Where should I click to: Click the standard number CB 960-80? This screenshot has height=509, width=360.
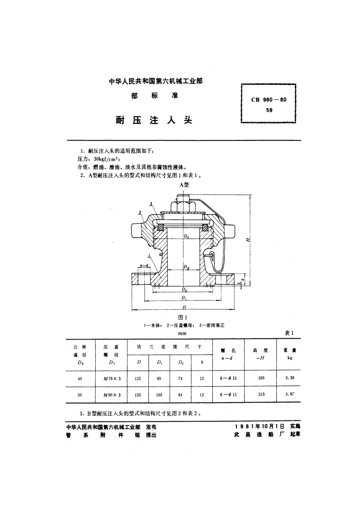tap(269, 100)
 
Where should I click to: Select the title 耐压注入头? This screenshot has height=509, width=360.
tap(154, 121)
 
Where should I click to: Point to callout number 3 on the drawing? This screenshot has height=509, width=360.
tap(151, 204)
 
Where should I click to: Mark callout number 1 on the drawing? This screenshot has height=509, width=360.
tap(150, 255)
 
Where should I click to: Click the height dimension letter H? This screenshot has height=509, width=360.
tap(247, 239)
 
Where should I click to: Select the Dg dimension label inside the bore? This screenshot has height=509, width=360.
tap(186, 267)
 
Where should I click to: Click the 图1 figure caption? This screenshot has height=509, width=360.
tap(183, 318)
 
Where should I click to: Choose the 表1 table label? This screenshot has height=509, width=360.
tap(290, 333)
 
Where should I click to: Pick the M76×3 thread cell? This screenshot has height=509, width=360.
tap(112, 379)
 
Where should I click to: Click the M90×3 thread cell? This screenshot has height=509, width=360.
tap(112, 395)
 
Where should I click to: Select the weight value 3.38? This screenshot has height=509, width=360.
tap(290, 378)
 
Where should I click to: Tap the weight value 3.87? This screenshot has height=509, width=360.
tap(290, 394)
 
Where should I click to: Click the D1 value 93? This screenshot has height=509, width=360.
tap(159, 378)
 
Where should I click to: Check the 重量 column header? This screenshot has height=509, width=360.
tap(290, 350)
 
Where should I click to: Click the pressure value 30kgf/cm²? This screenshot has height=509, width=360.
tap(107, 159)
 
